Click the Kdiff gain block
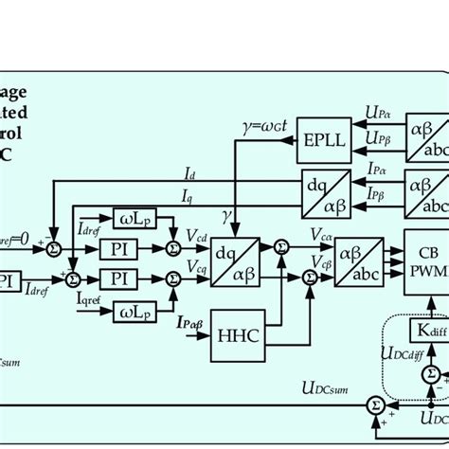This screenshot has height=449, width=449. point(431,330)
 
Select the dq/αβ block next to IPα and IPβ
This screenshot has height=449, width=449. point(324,189)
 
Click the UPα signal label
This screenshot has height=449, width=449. point(377,113)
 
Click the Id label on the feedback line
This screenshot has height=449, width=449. point(189,175)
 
